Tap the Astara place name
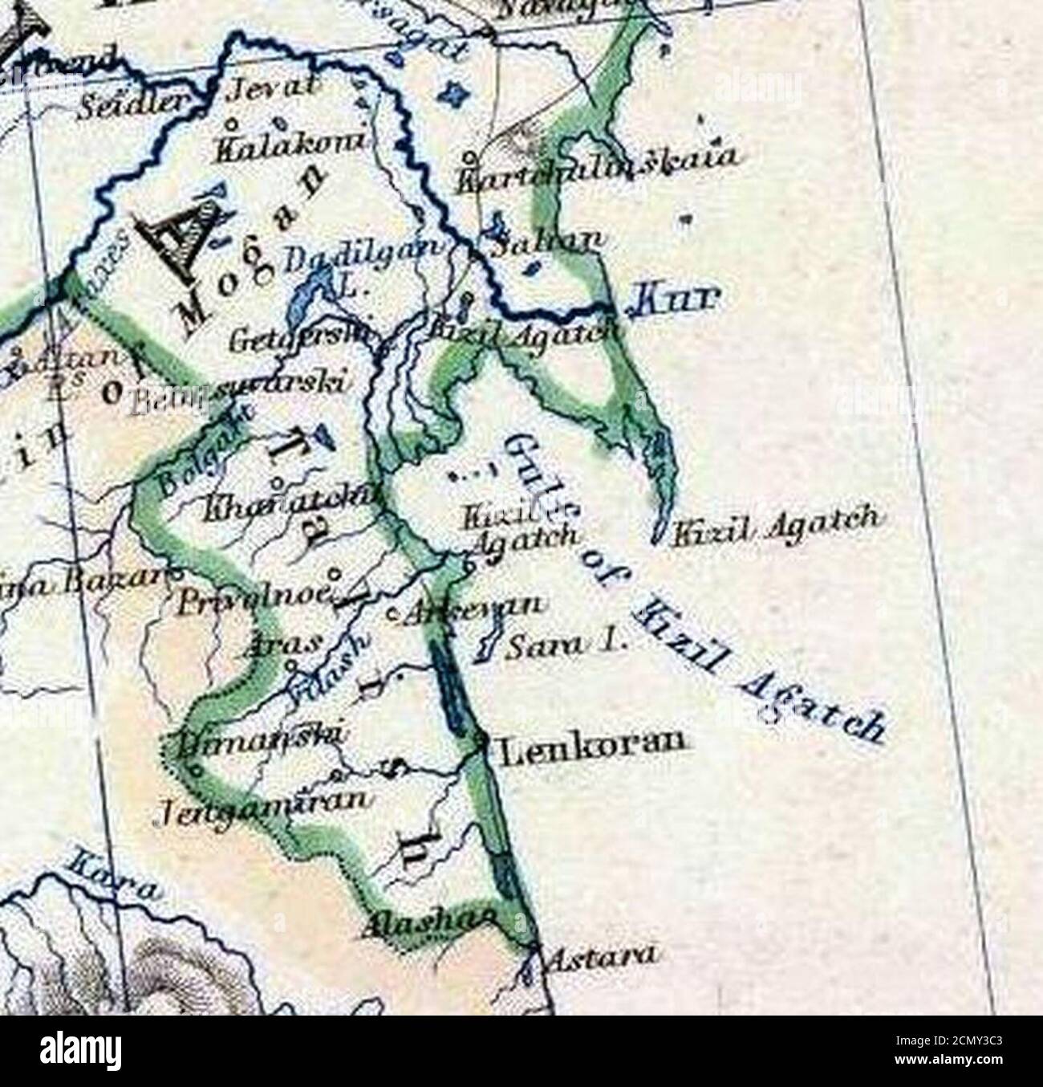[602, 955]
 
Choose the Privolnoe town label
[254, 598]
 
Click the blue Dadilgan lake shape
[303, 297]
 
